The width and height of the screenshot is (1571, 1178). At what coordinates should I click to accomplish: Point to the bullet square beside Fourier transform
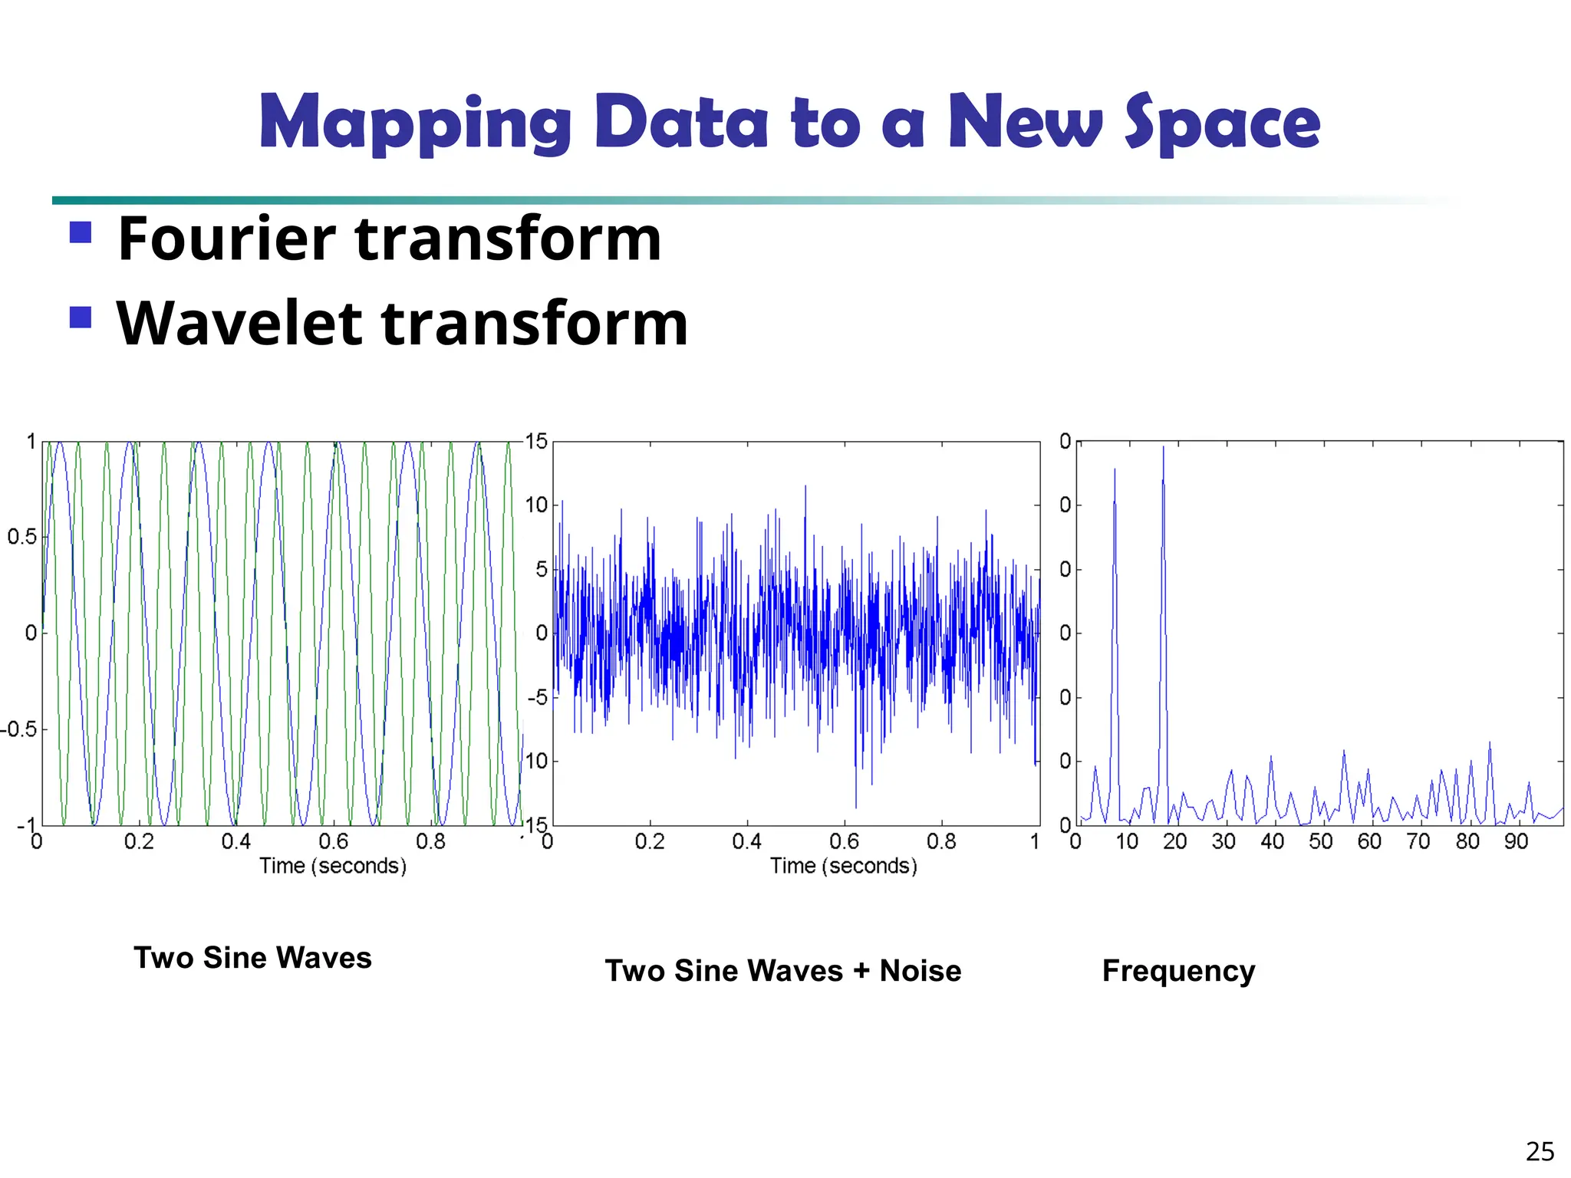click(81, 232)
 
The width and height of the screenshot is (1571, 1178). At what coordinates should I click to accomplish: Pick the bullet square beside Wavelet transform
click(81, 317)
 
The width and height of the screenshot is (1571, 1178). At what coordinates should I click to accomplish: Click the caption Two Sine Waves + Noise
click(782, 971)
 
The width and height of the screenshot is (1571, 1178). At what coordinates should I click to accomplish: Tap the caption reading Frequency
click(1178, 971)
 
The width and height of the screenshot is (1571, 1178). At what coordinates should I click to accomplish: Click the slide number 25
click(1540, 1152)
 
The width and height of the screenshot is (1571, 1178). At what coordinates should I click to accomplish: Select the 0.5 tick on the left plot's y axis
click(22, 537)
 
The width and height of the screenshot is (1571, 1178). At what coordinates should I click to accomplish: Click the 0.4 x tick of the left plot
click(236, 842)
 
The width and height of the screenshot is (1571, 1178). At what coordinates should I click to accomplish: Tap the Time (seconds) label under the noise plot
click(843, 866)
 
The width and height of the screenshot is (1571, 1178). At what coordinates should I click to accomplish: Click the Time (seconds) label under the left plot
click(332, 866)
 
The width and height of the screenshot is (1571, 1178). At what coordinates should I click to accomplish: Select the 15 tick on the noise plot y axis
click(536, 441)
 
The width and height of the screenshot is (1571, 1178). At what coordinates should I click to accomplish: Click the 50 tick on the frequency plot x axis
click(1320, 842)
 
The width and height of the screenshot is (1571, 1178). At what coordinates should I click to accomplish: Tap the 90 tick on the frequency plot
click(1516, 842)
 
